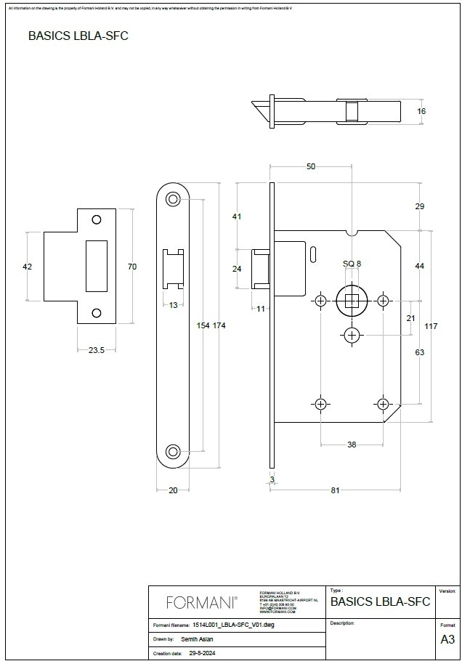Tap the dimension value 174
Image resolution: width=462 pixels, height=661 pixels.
pos(219,325)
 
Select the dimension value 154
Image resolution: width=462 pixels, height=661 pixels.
pos(203,325)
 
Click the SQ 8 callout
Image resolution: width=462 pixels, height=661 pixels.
pos(352,264)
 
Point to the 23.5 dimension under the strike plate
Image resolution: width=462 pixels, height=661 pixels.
pos(97,350)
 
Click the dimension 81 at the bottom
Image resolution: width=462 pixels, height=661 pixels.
pos(336,490)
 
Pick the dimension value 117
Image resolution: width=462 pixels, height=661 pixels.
pos(431,326)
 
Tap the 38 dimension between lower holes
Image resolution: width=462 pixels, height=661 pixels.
pos(352,445)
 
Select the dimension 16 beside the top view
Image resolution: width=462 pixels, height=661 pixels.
pos(421,111)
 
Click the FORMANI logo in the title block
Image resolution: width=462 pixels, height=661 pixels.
pos(201,602)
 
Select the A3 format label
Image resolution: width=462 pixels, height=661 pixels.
pos(447,640)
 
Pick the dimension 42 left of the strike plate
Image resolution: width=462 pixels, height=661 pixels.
pos(28,267)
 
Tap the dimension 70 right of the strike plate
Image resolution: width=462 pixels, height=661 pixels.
pos(132,267)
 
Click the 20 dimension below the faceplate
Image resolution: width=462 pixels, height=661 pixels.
pos(173,490)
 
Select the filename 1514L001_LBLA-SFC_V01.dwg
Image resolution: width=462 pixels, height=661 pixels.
pos(233,625)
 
